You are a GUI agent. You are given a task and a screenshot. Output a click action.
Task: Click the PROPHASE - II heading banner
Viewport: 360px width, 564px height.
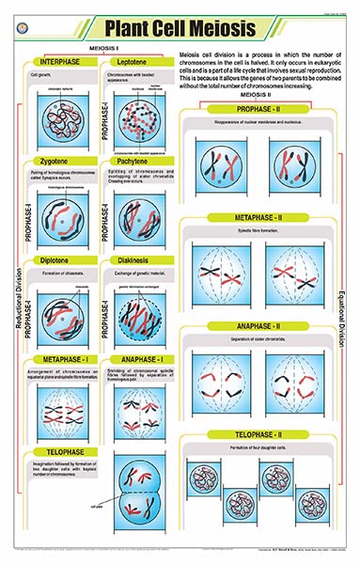coord(268,112)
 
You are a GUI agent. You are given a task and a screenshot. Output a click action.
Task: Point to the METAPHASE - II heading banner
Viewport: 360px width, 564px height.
coord(268,218)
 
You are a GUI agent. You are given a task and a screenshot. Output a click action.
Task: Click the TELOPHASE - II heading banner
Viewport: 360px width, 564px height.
coord(268,436)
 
